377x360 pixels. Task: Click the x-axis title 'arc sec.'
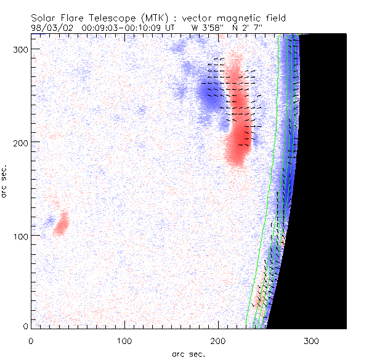click(188, 354)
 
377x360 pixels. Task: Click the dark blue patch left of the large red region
click(206, 95)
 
